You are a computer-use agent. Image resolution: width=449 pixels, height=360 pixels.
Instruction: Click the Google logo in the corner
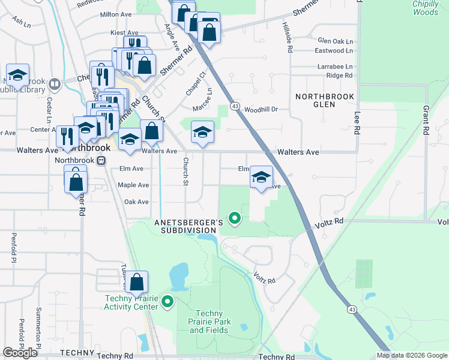click(x=20, y=353)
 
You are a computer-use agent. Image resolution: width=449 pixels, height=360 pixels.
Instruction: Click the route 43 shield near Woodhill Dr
click(x=235, y=106)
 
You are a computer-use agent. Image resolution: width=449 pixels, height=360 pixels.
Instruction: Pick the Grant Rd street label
click(x=426, y=120)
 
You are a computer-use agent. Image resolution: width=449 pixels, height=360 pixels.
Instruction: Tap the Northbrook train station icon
click(x=101, y=160)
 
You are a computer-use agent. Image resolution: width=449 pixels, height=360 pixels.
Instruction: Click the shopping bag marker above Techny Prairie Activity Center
click(x=137, y=283)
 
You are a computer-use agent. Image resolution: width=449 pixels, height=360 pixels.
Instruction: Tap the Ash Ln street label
click(x=20, y=22)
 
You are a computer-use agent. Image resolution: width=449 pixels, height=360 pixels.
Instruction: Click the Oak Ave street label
click(x=136, y=202)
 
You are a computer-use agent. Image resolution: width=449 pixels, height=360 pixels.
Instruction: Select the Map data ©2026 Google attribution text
click(x=412, y=355)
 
